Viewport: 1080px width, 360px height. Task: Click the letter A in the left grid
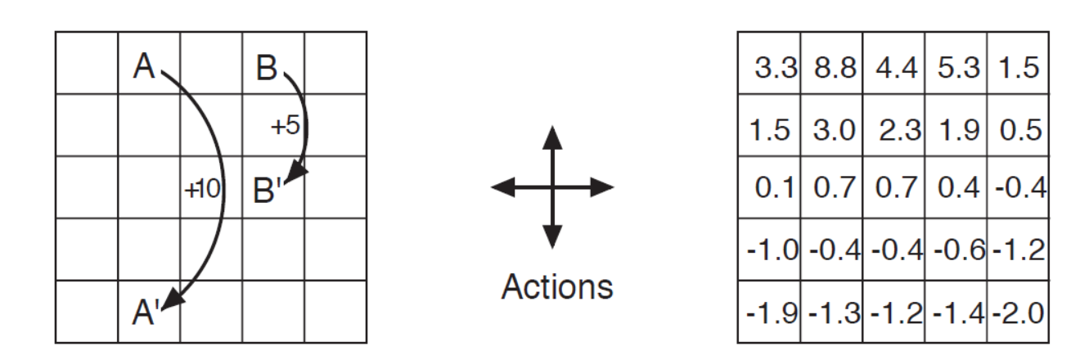coord(144,66)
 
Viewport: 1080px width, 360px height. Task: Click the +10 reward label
coord(202,189)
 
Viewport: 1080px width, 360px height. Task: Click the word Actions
coord(556,286)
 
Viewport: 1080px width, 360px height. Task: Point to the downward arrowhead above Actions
coord(553,236)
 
